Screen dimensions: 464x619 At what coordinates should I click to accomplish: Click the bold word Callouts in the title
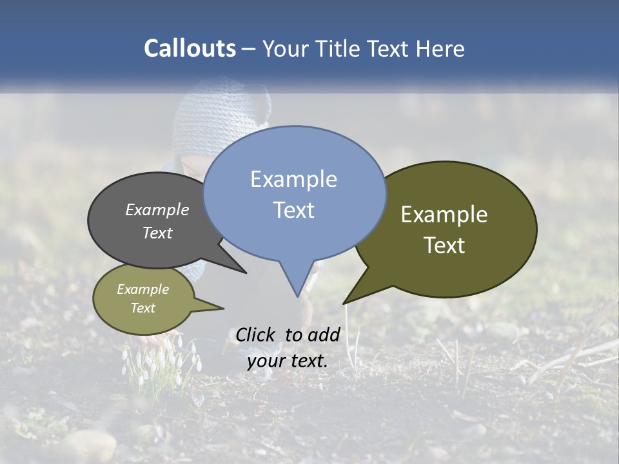(190, 49)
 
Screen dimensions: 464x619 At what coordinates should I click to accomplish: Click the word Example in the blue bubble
(293, 179)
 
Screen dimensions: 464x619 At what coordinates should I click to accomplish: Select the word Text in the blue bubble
(293, 210)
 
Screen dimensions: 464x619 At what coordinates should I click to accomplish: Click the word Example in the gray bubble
(157, 210)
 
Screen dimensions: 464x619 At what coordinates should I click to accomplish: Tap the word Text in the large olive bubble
(444, 246)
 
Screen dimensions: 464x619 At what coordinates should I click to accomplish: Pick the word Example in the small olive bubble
(143, 290)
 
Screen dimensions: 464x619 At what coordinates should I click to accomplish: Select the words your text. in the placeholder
(288, 361)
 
